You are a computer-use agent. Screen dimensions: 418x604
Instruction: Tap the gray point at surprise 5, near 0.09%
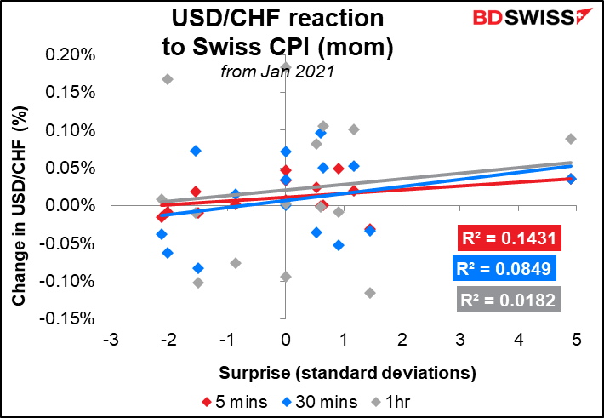click(x=571, y=139)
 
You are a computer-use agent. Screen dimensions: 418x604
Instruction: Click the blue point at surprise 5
click(x=571, y=179)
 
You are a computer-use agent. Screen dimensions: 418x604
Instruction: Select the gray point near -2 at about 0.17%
click(x=168, y=79)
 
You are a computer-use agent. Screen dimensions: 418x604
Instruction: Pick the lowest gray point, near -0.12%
click(x=370, y=293)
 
